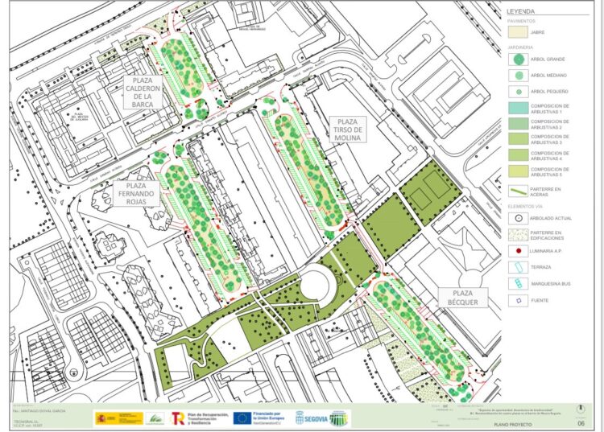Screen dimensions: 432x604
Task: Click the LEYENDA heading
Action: click(x=521, y=12)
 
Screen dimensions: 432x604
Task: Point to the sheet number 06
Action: click(x=581, y=422)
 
